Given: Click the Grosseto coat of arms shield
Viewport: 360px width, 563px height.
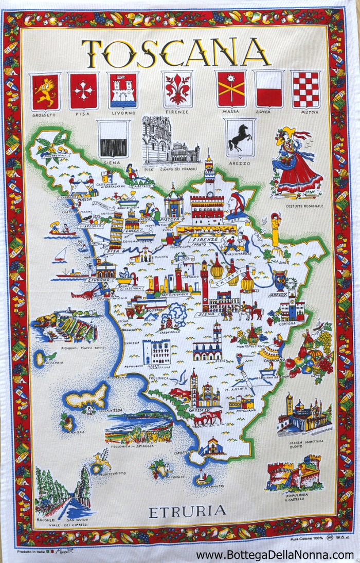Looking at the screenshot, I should tap(45, 92).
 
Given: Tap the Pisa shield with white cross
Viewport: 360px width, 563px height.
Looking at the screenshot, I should tap(83, 92).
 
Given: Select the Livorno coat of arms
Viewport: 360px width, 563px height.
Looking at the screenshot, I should tap(123, 90).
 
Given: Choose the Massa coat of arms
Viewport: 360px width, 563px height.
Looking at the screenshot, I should tap(230, 88).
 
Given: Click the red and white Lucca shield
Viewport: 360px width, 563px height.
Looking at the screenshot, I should tap(269, 88).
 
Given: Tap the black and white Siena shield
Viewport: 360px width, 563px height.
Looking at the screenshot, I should tap(113, 138).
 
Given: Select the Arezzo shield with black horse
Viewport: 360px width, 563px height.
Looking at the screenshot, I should tap(240, 137).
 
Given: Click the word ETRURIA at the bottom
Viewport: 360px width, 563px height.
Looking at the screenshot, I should tap(187, 511).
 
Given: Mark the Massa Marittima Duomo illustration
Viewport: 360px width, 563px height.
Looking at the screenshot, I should tap(303, 416).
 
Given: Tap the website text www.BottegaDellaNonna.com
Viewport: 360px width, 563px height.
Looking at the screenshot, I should tap(275, 555).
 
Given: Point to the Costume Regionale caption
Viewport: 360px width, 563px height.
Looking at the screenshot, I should tap(305, 206).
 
